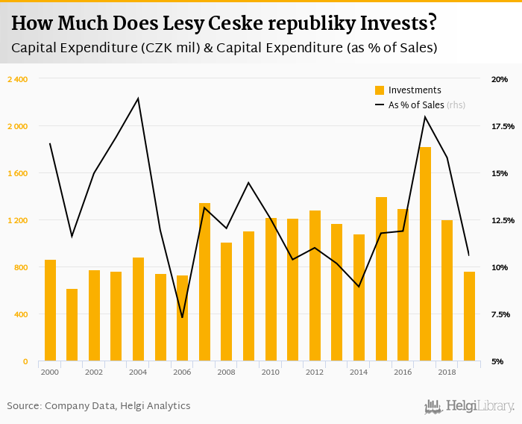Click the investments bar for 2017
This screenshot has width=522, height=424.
(x=425, y=254)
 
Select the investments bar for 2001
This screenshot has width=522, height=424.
(x=72, y=325)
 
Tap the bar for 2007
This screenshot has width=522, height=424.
(x=204, y=282)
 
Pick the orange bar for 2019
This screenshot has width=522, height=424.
(x=469, y=317)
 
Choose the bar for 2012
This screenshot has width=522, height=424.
(x=315, y=286)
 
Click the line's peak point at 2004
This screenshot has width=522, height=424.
(x=138, y=99)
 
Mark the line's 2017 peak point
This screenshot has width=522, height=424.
(x=425, y=116)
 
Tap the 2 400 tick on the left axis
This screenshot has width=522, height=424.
(x=16, y=79)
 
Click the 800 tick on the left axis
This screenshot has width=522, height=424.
(x=21, y=267)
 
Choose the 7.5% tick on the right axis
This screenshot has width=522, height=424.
(x=500, y=314)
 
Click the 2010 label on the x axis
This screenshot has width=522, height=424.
(x=271, y=372)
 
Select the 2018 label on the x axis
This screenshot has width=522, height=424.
(x=447, y=372)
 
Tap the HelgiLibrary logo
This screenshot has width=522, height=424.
(x=470, y=407)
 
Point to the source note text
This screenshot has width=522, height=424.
(x=98, y=406)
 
